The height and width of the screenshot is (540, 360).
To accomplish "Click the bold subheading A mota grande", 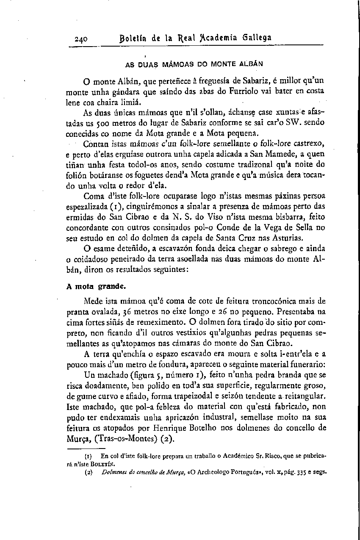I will (x=91, y=286).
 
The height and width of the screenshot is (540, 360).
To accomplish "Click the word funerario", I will (x=309, y=363).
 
